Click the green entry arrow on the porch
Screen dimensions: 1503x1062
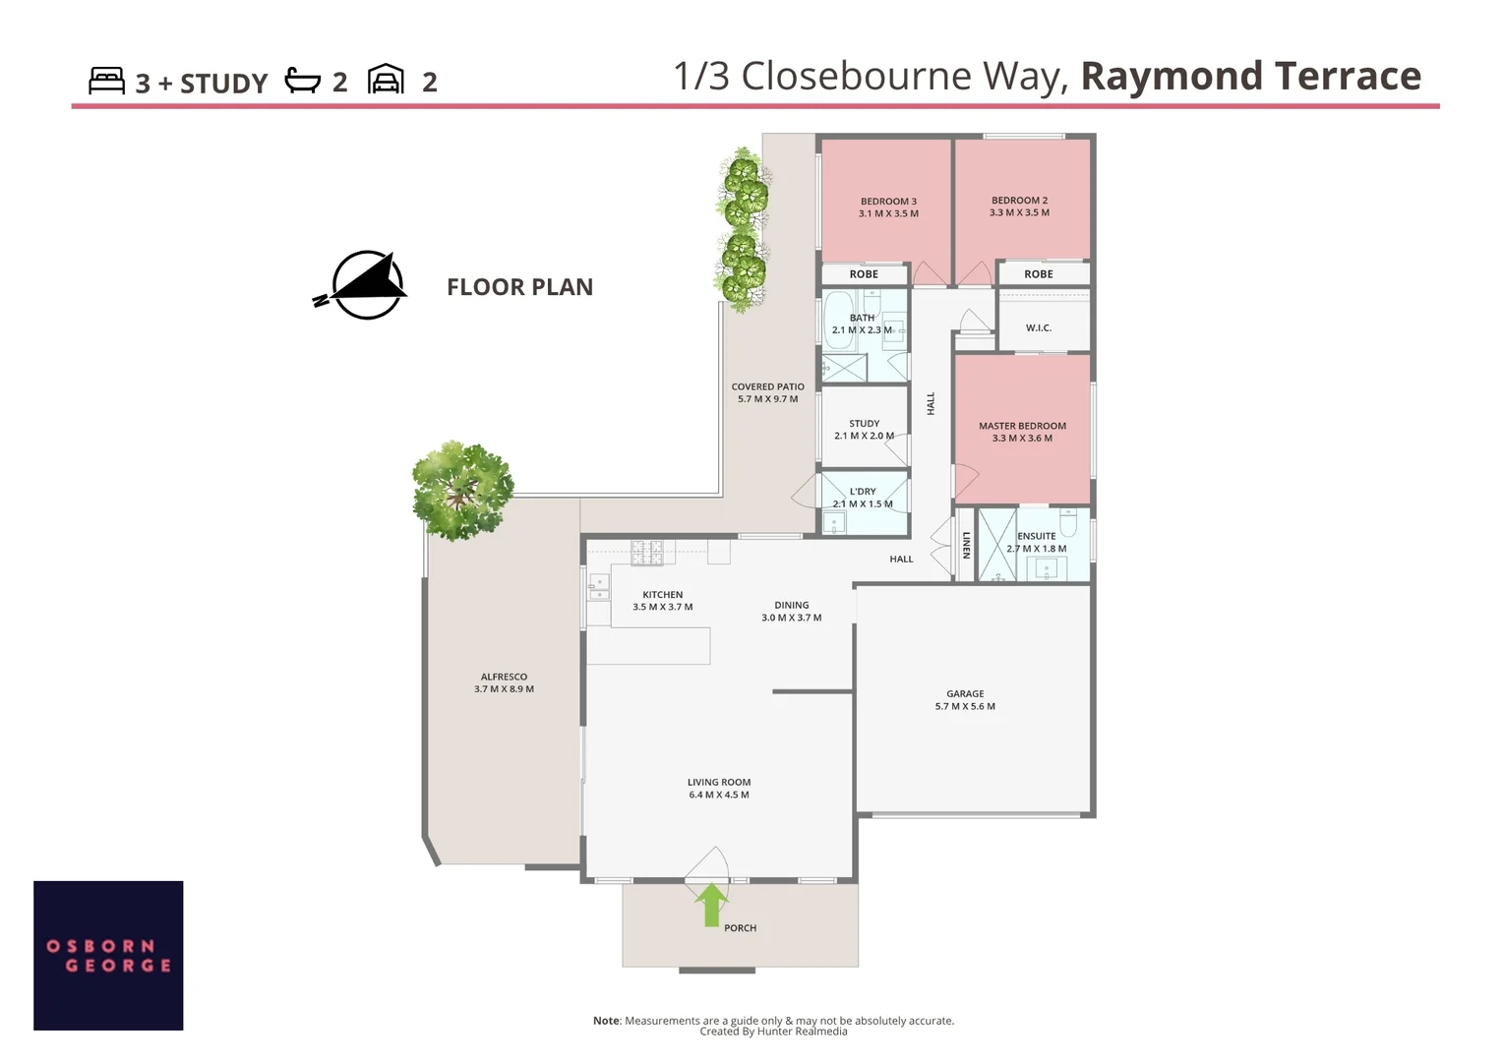[712, 905]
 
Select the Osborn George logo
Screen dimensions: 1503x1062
[108, 956]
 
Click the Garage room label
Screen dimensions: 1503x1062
[965, 700]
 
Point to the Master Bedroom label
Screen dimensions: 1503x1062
[1022, 432]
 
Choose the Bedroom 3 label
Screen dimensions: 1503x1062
[888, 207]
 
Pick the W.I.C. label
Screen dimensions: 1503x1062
[1038, 327]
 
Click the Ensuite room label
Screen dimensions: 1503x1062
[1036, 542]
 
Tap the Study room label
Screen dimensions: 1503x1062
[864, 430]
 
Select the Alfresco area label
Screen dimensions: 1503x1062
[504, 683]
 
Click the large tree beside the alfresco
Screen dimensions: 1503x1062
[462, 490]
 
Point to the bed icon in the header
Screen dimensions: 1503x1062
[106, 81]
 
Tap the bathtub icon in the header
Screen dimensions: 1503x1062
[303, 80]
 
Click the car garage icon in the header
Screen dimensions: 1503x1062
[386, 80]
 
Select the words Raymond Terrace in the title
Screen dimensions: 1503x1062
[1251, 76]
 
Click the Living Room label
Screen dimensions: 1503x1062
[719, 789]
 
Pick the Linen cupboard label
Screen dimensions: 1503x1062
[966, 546]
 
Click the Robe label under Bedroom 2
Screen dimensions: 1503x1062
[1038, 273]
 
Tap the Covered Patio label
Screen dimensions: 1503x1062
[767, 392]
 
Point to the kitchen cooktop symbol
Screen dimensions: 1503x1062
[647, 553]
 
